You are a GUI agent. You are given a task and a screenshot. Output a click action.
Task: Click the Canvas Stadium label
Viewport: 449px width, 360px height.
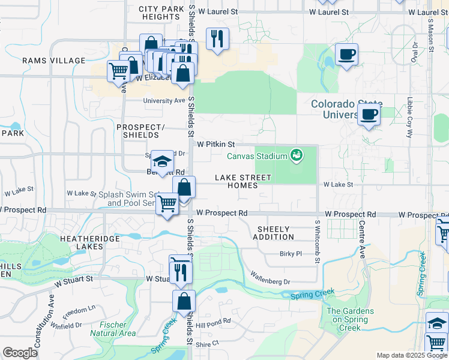257,157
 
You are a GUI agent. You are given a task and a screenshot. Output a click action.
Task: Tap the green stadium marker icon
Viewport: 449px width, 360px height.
296,156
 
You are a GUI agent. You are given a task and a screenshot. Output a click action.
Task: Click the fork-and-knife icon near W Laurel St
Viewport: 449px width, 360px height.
217,39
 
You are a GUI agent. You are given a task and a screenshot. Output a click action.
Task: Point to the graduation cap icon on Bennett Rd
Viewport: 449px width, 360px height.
161,160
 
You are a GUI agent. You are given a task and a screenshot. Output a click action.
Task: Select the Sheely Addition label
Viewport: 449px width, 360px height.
273,233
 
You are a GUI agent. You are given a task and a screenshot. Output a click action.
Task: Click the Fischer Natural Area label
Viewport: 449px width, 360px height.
113,328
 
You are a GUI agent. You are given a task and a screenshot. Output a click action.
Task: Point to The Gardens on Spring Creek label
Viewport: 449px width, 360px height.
350,319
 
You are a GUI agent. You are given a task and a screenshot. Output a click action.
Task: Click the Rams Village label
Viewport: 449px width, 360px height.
54,61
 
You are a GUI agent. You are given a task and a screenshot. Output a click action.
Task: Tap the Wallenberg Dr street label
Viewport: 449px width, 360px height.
270,281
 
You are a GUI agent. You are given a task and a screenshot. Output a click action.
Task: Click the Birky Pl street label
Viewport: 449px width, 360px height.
291,254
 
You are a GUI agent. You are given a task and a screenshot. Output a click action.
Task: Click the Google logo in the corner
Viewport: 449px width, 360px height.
20,353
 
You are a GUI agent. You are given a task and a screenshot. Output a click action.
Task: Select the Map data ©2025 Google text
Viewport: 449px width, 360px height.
411,355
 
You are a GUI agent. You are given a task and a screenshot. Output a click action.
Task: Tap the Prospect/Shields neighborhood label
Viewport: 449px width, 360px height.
140,131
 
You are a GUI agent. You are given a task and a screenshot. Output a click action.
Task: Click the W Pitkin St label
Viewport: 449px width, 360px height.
214,145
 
